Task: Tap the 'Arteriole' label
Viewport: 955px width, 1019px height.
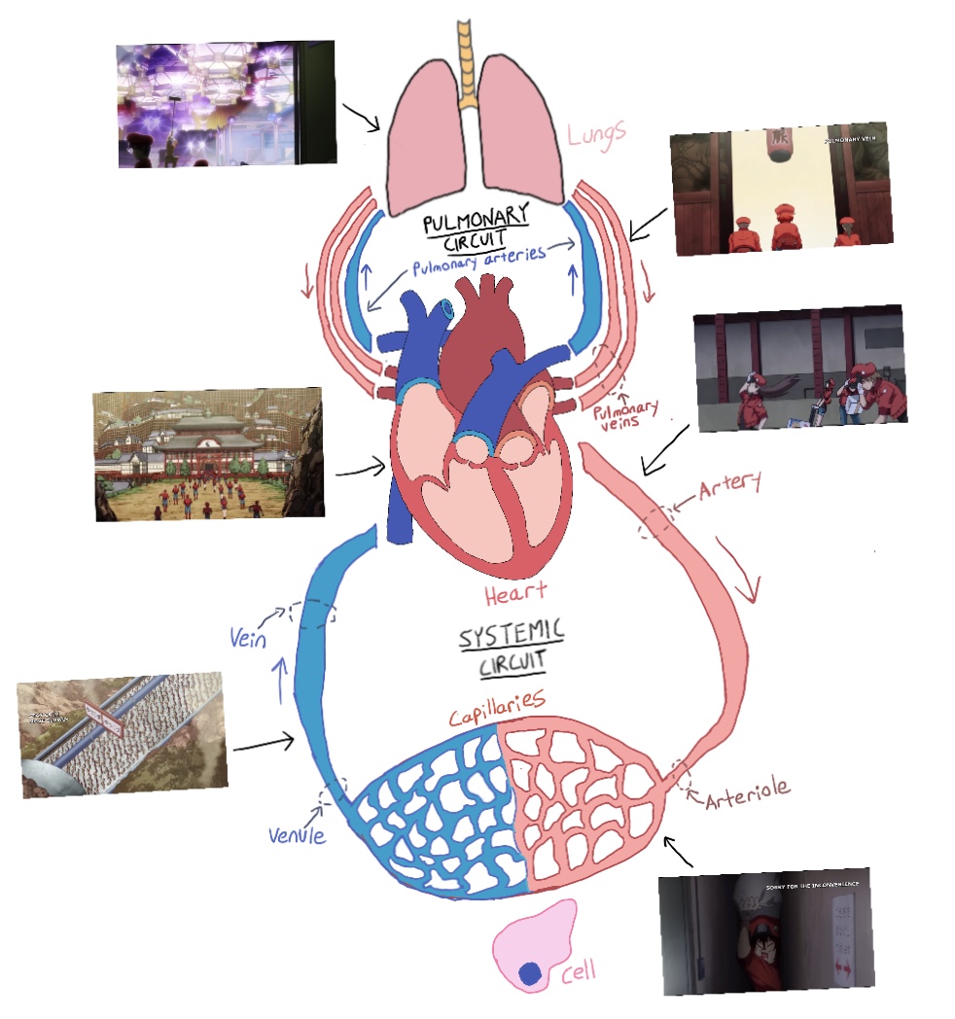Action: point(747,799)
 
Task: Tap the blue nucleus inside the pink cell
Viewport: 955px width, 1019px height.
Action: point(530,973)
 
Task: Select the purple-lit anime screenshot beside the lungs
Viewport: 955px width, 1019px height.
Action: point(227,103)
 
